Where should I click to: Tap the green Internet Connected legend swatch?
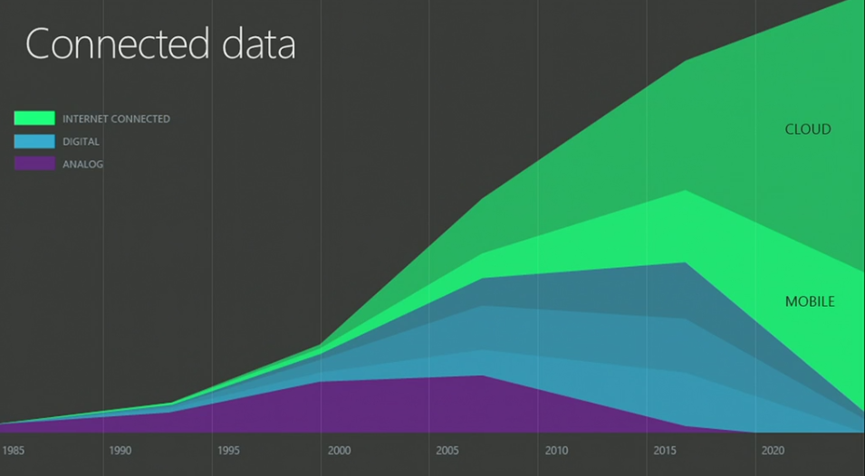34,118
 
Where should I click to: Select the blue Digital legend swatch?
34,141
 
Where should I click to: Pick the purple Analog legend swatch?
34,164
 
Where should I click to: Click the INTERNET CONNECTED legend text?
116,119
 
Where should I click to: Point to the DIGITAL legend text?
81,142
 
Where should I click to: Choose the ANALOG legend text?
82,165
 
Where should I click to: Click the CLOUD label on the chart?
807,129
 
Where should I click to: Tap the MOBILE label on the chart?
810,301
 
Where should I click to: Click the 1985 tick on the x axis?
13,450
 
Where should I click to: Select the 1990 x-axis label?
120,450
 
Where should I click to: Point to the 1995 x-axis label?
228,450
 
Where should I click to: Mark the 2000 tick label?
339,450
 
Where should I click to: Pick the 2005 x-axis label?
447,450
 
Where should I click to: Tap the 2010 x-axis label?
555,450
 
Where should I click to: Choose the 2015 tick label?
664,450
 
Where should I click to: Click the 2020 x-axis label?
773,450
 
